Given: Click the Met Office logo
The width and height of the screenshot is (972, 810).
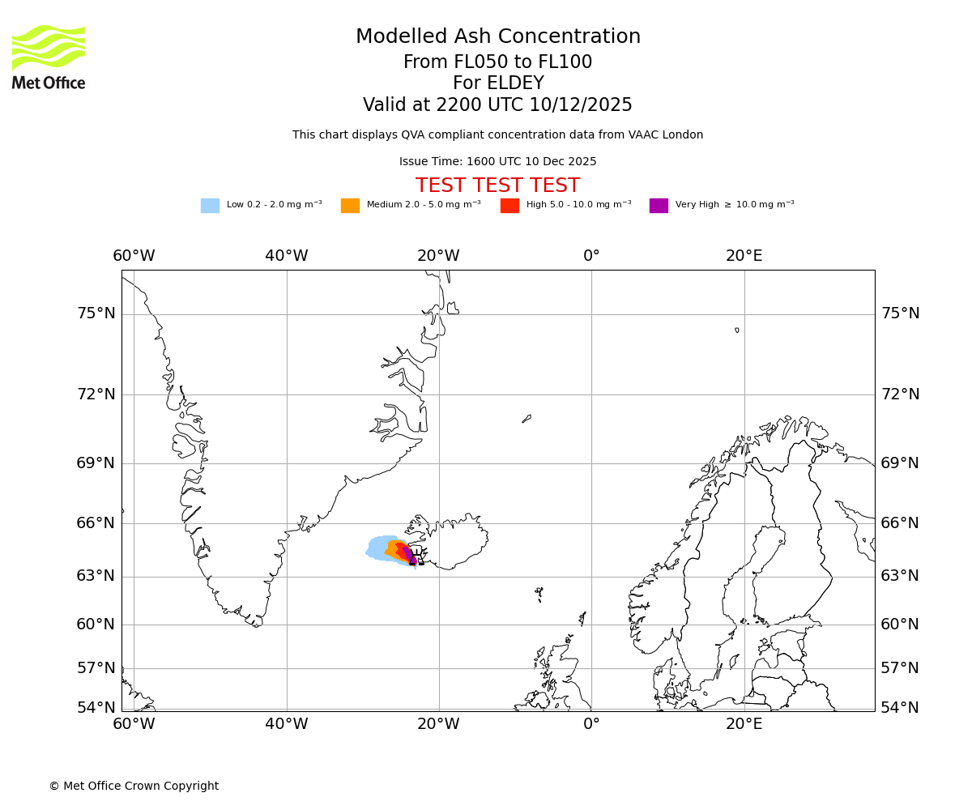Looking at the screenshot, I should click(49, 57).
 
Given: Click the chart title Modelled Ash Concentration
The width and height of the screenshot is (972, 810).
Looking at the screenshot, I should click(498, 36).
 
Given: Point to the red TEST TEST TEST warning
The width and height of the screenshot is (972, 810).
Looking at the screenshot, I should click(497, 185).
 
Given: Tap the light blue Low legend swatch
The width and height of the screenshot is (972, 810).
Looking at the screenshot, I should click(210, 206).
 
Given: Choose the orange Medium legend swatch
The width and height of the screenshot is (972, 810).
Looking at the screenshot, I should click(350, 206).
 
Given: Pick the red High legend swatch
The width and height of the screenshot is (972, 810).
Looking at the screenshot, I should click(509, 206).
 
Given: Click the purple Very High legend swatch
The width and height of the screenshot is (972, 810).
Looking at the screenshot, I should click(659, 206).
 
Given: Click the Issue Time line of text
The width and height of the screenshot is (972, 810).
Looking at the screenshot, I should click(497, 161).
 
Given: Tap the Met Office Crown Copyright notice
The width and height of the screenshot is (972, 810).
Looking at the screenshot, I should click(134, 786).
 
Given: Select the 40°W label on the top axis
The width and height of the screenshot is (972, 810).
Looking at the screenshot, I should click(287, 256).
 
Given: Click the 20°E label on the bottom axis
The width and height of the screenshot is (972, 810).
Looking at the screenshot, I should click(744, 723).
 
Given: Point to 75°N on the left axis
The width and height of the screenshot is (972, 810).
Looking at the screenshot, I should click(96, 313).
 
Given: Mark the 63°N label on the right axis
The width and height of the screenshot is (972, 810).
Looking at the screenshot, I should click(900, 576).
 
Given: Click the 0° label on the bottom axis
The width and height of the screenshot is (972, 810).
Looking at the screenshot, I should click(591, 723).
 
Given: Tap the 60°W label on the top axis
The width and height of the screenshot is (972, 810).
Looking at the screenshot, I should click(134, 256).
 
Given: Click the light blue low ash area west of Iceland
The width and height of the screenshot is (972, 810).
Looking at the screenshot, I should click(377, 548).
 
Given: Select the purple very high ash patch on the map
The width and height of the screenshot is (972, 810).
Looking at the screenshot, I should click(410, 554).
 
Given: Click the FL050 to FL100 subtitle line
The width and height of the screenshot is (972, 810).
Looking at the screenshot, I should click(497, 62).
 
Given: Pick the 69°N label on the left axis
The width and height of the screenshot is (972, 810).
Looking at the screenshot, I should click(96, 463).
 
